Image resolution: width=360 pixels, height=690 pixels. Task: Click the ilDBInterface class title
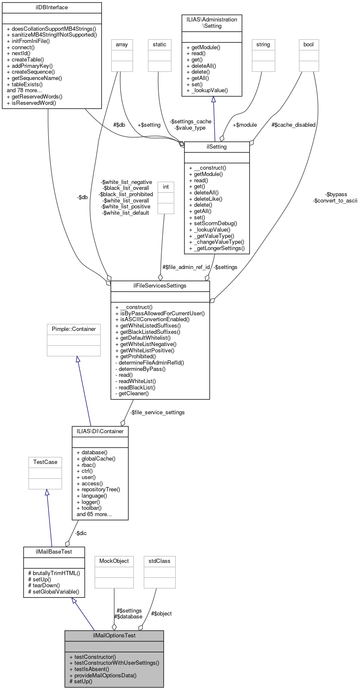point(52,8)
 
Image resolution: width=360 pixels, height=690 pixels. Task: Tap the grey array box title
point(122,45)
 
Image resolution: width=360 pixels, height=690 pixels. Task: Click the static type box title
point(160,45)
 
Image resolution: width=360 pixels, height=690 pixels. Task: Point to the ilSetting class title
point(217,147)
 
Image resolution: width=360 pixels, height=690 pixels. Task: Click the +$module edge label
point(245,125)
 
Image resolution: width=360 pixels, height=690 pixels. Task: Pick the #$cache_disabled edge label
point(293,125)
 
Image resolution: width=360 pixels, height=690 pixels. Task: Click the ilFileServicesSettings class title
point(160,286)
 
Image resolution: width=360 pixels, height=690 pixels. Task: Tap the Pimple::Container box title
point(74,329)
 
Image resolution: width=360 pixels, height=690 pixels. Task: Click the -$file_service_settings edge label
point(157,413)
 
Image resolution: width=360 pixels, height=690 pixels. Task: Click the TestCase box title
point(45,462)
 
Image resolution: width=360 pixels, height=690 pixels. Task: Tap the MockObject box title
point(114,561)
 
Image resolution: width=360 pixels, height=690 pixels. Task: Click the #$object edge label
point(161,614)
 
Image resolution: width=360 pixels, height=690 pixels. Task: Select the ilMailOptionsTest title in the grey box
point(114,636)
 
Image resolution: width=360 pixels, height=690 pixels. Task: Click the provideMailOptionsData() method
point(103,675)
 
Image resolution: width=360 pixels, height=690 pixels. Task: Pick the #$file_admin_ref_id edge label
point(186,267)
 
